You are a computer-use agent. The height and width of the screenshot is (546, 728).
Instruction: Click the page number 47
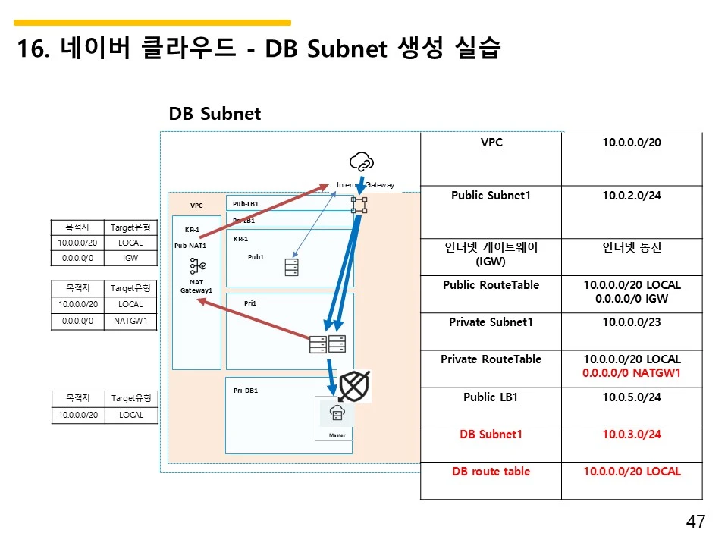pos(695,522)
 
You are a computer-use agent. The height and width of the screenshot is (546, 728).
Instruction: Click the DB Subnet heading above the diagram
pos(215,114)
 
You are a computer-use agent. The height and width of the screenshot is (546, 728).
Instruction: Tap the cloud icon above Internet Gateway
pos(361,162)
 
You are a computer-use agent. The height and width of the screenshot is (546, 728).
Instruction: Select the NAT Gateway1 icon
pos(197,266)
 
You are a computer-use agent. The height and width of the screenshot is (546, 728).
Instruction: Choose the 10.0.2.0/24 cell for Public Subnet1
pos(632,196)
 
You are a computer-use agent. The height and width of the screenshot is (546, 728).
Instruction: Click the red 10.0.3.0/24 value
pos(632,435)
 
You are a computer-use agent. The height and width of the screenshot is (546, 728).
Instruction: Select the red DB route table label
pos(491,472)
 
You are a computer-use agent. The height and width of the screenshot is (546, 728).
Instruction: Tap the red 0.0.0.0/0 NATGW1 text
pos(632,373)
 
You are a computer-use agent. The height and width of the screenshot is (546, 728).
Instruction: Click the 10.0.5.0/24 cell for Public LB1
pos(632,397)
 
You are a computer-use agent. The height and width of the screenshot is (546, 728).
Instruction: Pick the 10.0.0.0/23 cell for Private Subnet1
pos(632,322)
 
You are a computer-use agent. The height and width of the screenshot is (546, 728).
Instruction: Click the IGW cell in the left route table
pos(130,259)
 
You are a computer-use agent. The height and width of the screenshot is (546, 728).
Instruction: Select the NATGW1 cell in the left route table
pos(130,321)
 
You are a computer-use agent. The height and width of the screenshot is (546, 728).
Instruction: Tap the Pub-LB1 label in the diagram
pos(246,204)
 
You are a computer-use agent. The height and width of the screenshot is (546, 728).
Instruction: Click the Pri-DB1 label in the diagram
pos(246,391)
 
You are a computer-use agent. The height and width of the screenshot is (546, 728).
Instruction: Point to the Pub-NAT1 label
pos(190,246)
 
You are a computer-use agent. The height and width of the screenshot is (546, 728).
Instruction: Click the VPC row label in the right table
pos(491,142)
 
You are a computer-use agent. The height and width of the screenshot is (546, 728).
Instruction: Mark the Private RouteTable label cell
pos(491,359)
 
